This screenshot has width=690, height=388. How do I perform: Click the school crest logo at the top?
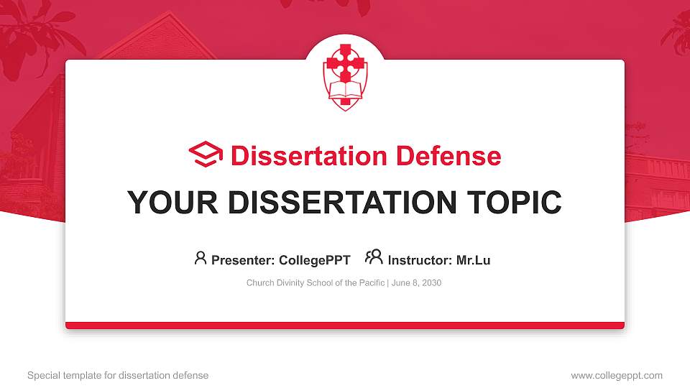(345, 75)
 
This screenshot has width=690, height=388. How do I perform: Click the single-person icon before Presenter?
(201, 258)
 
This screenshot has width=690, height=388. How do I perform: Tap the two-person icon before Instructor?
(374, 257)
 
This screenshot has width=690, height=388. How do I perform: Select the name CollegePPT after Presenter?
(314, 260)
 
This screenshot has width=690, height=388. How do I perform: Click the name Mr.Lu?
(473, 260)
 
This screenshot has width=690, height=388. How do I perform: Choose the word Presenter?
(243, 260)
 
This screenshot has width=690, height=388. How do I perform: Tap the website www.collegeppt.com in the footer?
(617, 375)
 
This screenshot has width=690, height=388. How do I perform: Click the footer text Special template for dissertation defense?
(118, 375)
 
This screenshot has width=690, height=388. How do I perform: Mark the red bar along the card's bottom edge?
(345, 325)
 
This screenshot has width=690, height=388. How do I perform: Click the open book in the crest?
(345, 92)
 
